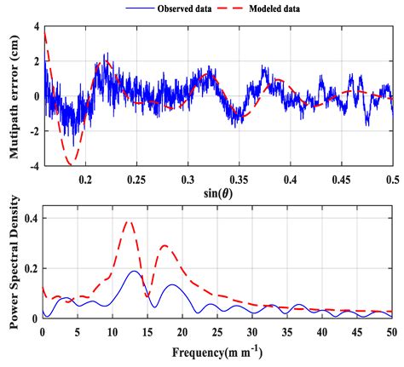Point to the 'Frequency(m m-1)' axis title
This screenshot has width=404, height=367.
218,352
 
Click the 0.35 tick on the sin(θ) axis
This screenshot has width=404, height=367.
240,181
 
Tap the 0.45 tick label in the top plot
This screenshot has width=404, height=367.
342,181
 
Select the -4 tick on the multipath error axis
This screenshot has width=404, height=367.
33,167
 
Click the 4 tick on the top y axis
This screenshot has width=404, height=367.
36,27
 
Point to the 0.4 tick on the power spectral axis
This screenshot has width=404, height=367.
32,219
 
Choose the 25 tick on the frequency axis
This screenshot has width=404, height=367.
217,330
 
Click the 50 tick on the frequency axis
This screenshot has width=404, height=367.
391,330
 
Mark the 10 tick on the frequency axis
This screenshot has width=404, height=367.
113,330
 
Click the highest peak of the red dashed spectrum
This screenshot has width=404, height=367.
129,221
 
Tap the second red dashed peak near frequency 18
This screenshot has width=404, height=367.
164,246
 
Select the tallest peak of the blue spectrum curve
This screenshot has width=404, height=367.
134,271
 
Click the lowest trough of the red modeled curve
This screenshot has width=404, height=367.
73,161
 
